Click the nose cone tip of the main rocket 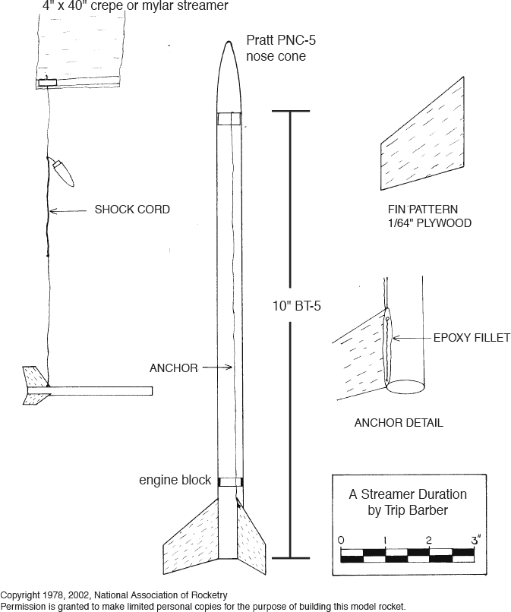pyautogui.click(x=229, y=43)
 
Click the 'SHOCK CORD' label pyautogui.click(x=131, y=210)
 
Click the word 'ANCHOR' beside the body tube pyautogui.click(x=173, y=368)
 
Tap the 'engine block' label pyautogui.click(x=175, y=481)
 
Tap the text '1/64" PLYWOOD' pyautogui.click(x=429, y=223)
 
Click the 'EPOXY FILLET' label pyautogui.click(x=472, y=338)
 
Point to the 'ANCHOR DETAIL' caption pyautogui.click(x=399, y=423)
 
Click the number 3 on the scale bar pyautogui.click(x=474, y=539)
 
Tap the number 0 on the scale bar pyautogui.click(x=342, y=539)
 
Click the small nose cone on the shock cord pyautogui.click(x=62, y=172)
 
